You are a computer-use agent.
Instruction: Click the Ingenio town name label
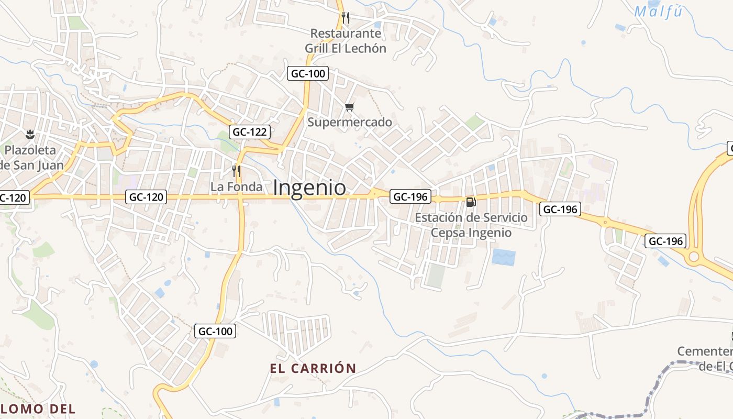[x=309, y=188]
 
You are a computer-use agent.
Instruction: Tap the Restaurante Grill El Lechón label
[x=346, y=41]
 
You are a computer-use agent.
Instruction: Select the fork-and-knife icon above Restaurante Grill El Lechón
[x=345, y=18]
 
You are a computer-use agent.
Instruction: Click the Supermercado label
[x=349, y=122]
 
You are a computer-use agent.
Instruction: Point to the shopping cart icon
[x=349, y=107]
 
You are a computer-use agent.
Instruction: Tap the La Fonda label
[x=237, y=186]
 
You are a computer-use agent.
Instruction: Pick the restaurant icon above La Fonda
[x=236, y=171]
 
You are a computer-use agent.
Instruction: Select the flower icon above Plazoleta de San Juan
[x=30, y=134]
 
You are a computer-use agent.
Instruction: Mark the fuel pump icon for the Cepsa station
[x=471, y=202]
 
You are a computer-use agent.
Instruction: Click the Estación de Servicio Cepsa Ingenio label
[x=471, y=225]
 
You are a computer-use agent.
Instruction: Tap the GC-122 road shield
[x=250, y=132]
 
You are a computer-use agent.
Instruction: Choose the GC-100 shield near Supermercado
[x=308, y=73]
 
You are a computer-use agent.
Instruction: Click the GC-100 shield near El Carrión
[x=215, y=331]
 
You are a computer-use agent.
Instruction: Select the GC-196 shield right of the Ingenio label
[x=411, y=197]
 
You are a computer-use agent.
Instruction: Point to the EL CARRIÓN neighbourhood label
[x=313, y=368]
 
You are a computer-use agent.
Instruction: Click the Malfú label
[x=658, y=12]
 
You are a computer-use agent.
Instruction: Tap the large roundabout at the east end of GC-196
[x=694, y=257]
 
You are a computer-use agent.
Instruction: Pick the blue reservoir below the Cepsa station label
[x=504, y=257]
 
